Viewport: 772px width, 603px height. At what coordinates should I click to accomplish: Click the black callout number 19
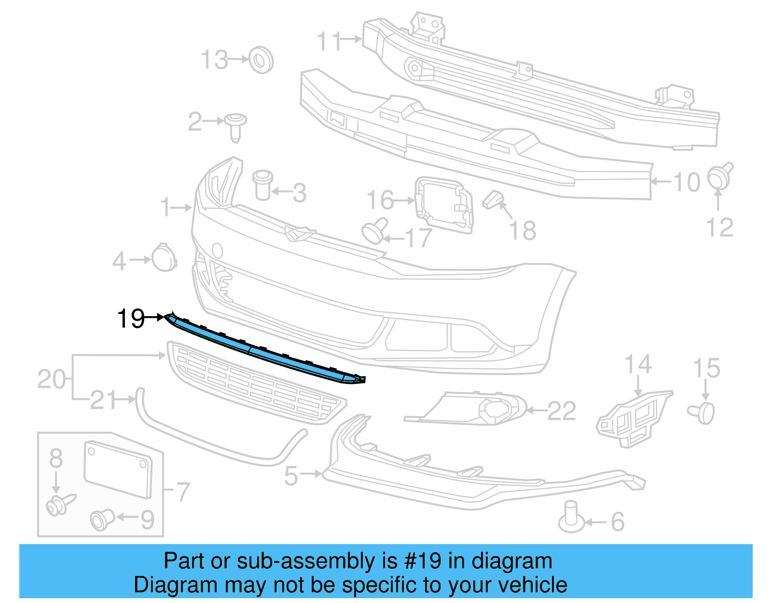tap(131, 319)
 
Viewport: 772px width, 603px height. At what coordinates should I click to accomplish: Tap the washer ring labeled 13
tap(261, 60)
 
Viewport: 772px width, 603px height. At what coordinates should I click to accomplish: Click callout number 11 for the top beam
tap(330, 42)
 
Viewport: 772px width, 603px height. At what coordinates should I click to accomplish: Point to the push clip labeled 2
tap(235, 126)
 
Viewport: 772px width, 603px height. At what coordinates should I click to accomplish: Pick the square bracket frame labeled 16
tap(444, 205)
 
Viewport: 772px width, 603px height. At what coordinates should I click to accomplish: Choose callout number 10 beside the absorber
tap(687, 182)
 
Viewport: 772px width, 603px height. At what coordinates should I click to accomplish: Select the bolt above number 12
tap(720, 176)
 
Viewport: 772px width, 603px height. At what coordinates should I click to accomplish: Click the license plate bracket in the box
tap(118, 468)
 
